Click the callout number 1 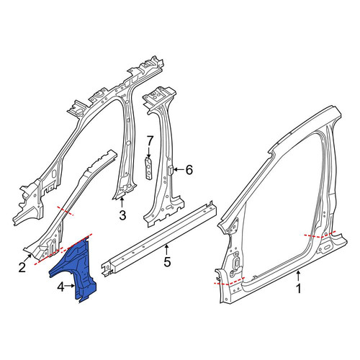click(x=298, y=289)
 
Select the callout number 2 click(x=22, y=267)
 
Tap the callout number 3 click(x=122, y=215)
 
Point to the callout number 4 click(x=60, y=287)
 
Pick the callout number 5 click(x=167, y=261)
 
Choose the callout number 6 click(x=189, y=170)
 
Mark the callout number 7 click(x=150, y=141)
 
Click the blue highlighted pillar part click(x=77, y=269)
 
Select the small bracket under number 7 click(x=149, y=168)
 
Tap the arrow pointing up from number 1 click(x=298, y=276)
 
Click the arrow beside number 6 click(x=179, y=170)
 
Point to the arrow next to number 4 click(x=71, y=286)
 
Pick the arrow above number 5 click(x=167, y=249)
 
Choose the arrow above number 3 click(x=122, y=202)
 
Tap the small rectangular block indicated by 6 click(x=170, y=170)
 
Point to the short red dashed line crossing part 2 click(x=65, y=210)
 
